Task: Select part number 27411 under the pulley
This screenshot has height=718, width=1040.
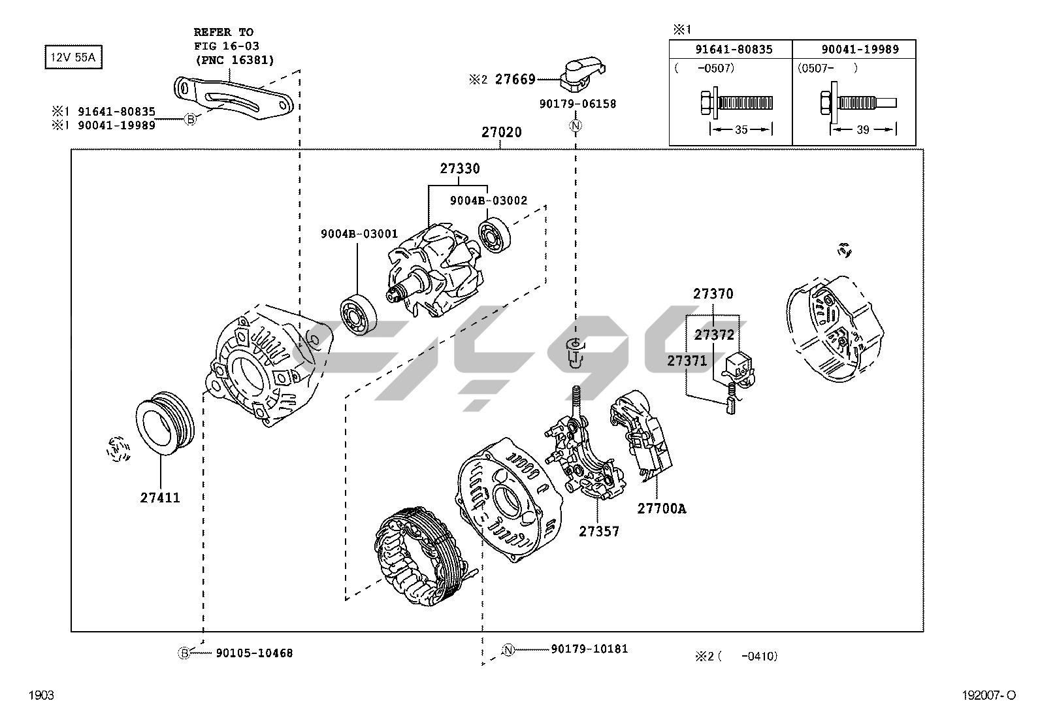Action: (x=159, y=498)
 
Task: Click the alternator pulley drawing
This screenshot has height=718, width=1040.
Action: (x=164, y=423)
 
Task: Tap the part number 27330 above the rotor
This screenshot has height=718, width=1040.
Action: (x=459, y=169)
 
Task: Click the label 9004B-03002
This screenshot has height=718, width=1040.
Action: (x=488, y=201)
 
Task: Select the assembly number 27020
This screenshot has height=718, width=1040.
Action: (x=501, y=133)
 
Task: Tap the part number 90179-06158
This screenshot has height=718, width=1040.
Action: (x=577, y=104)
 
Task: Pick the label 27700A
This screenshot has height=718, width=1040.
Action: (x=661, y=509)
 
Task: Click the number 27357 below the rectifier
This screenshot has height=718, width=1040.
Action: (x=598, y=532)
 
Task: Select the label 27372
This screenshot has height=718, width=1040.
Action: (x=714, y=335)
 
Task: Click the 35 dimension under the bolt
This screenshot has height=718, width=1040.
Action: (x=741, y=130)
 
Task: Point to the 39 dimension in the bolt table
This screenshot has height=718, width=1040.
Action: (x=862, y=130)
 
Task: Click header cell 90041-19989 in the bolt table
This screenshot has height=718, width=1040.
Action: (x=860, y=49)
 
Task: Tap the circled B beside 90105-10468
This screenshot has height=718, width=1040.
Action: (x=184, y=653)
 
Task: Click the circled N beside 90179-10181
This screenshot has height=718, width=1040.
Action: (x=508, y=649)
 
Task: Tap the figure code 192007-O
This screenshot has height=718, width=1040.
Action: (x=989, y=696)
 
